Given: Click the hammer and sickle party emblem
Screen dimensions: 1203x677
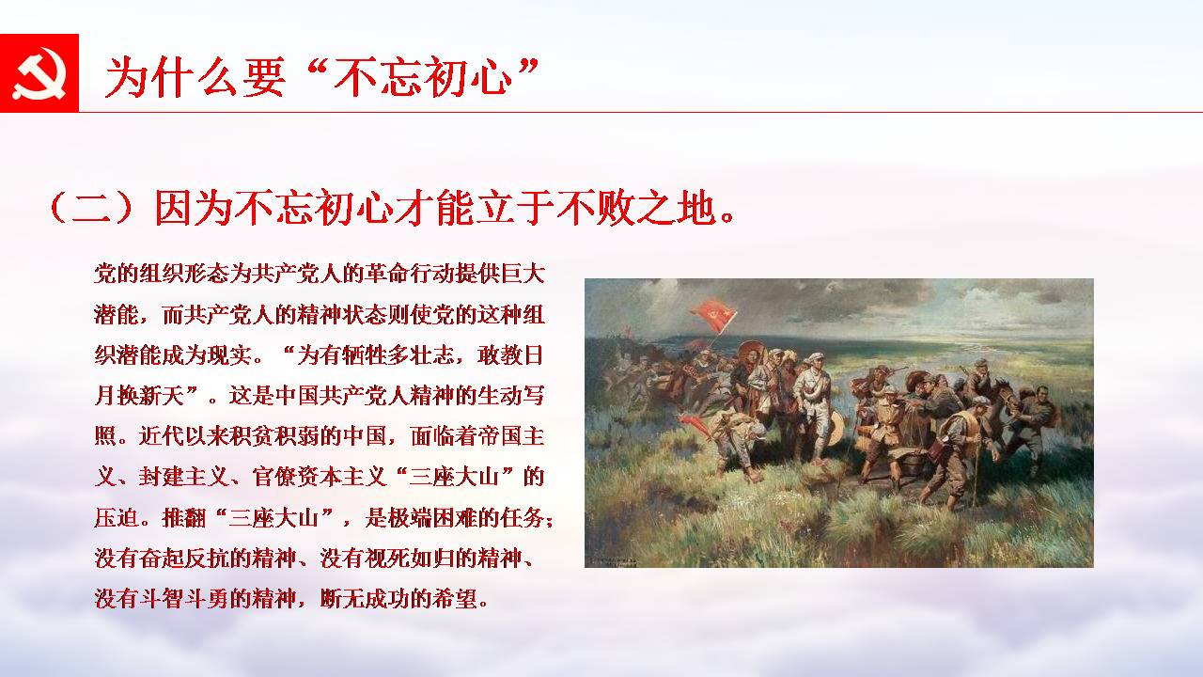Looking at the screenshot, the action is click(39, 73).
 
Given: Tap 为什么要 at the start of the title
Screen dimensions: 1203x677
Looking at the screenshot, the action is click(195, 76).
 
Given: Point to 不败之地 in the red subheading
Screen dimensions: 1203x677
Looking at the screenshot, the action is click(637, 207).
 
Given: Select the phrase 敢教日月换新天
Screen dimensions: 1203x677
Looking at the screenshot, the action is click(319, 375).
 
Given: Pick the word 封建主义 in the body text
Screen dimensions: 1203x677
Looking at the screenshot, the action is click(183, 477).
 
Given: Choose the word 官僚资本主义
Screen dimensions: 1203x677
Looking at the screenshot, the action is click(319, 477).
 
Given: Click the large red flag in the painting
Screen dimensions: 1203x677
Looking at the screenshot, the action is click(713, 315).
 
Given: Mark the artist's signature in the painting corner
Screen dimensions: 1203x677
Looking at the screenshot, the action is click(612, 562).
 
